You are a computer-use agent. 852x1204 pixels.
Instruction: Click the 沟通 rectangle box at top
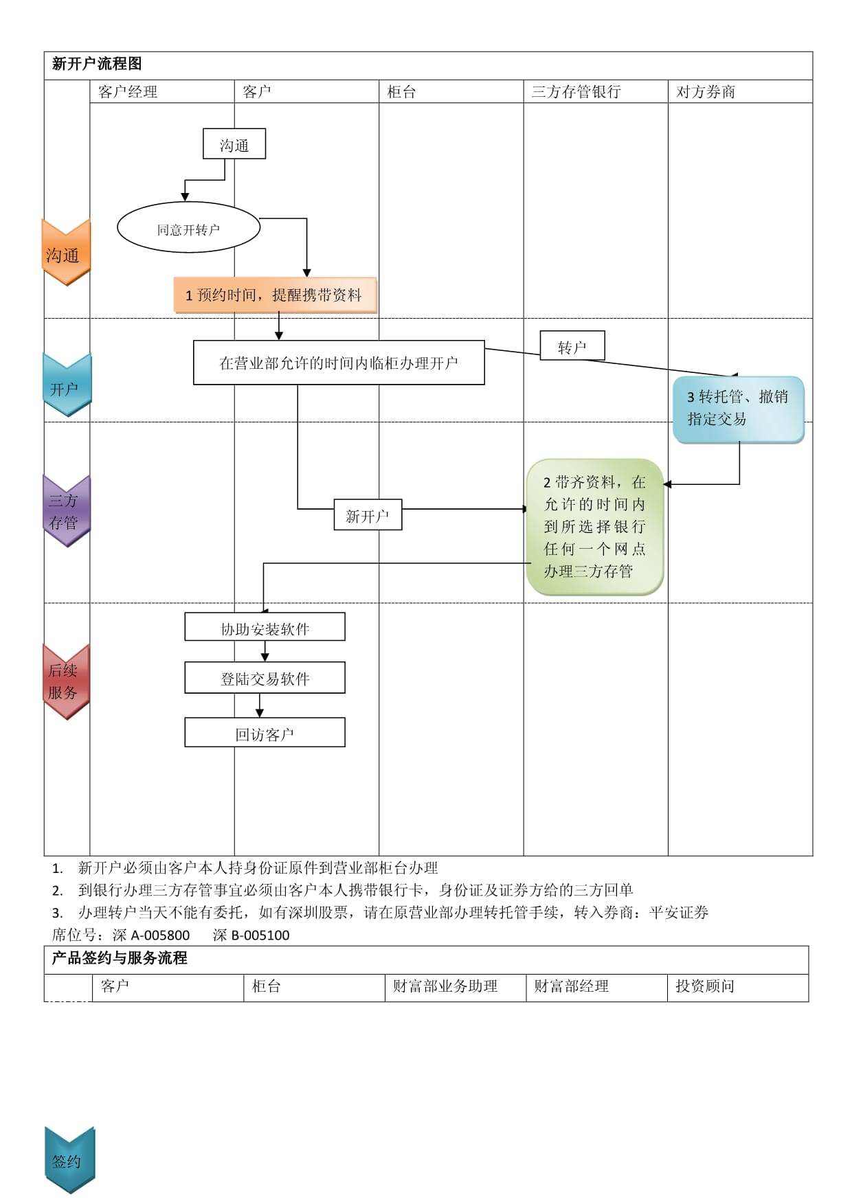pos(234,144)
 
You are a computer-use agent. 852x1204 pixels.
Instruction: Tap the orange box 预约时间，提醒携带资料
pos(275,295)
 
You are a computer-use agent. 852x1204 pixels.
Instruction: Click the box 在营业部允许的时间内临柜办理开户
pos(339,363)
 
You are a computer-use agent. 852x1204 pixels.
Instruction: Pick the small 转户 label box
pos(572,347)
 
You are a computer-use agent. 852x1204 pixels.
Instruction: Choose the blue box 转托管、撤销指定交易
pos(738,409)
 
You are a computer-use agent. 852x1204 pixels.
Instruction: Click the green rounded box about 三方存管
pos(594,527)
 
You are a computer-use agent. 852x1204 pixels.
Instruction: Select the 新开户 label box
pos(368,515)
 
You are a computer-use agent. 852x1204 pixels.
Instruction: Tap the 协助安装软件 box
pos(265,628)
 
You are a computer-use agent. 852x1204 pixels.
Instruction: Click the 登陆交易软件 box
pos(265,678)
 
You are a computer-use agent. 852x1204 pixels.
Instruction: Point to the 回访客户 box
pos(265,733)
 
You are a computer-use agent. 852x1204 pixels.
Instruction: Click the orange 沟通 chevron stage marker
pos(65,253)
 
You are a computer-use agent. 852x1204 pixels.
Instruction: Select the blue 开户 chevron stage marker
pos(66,387)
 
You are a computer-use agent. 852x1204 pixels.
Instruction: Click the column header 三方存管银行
pos(576,92)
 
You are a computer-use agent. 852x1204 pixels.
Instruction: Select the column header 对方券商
pos(706,92)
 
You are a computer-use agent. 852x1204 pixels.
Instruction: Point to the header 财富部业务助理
pos(445,986)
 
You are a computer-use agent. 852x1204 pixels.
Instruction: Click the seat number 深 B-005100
pos(251,935)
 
